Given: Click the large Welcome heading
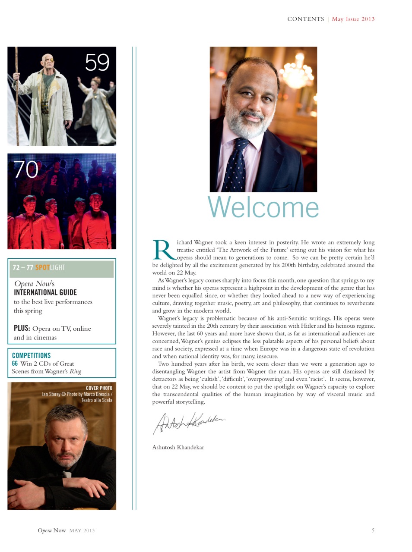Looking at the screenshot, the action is coord(263,207).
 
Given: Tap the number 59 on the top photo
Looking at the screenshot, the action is coord(97,63).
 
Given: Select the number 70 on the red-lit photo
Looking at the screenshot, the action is coord(26,169).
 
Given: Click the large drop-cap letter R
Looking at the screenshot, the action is coord(163,250).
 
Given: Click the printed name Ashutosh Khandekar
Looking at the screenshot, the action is coord(178,448).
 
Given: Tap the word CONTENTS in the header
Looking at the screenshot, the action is coord(305,19).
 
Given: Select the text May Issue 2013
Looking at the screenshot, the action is coord(353,19).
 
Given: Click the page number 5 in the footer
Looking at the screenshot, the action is coord(373,530).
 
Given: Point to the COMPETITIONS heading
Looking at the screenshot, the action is coord(32,355).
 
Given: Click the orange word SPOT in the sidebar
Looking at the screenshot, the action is coord(42,267).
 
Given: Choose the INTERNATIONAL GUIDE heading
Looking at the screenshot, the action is coord(45,292).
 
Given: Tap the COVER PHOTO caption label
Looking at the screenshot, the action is coord(99,388).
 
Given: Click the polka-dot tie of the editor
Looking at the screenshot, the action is coord(238,164).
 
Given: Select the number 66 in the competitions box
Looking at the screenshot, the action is coord(15,364).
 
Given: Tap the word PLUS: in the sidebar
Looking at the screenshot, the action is coord(22,328).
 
